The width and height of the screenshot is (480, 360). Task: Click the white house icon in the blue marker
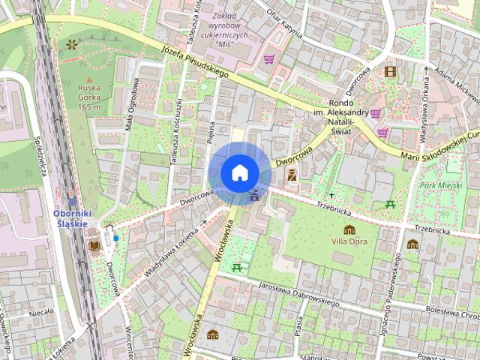pos(240,173)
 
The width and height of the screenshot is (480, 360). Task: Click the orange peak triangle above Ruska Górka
pos(89,79)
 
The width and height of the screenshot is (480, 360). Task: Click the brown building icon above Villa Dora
pos(349,229)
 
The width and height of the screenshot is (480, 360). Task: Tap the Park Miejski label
pos(440,184)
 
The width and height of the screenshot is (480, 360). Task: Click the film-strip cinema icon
pos(389,72)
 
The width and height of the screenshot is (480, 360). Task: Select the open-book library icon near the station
pos(94,245)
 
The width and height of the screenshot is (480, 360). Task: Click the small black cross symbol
pos(331,195)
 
